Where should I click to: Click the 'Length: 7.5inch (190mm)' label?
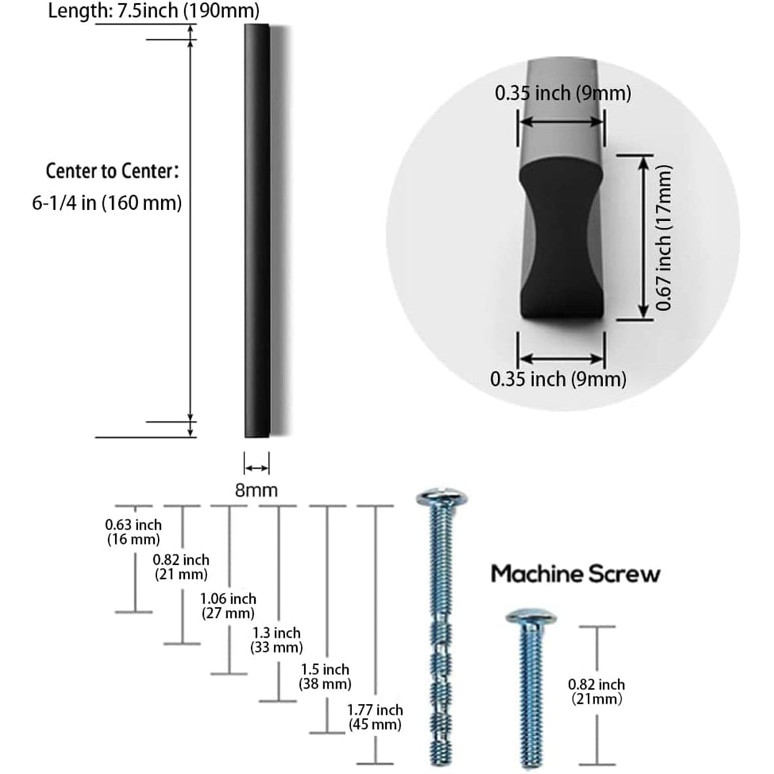coord(153,11)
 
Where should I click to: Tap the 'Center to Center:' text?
coord(112,171)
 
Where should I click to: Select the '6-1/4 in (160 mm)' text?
coord(107,203)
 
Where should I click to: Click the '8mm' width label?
coord(256,490)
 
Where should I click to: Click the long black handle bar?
coord(257,229)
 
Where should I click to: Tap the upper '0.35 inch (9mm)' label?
coord(563,93)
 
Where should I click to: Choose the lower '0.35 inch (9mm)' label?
coord(558,379)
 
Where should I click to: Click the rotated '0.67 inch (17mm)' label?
coord(665,237)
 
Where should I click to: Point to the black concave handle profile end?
coord(562,242)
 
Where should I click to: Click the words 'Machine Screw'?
coord(575,574)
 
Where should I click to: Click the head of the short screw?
coord(530,616)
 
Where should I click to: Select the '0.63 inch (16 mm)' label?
coord(133,532)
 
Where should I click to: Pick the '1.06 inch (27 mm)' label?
coord(228,606)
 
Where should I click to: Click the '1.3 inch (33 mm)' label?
coord(277,640)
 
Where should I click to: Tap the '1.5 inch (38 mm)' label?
coord(325,677)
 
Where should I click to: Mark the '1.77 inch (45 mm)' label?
coord(375,717)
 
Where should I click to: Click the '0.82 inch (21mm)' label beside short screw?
coord(596,691)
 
